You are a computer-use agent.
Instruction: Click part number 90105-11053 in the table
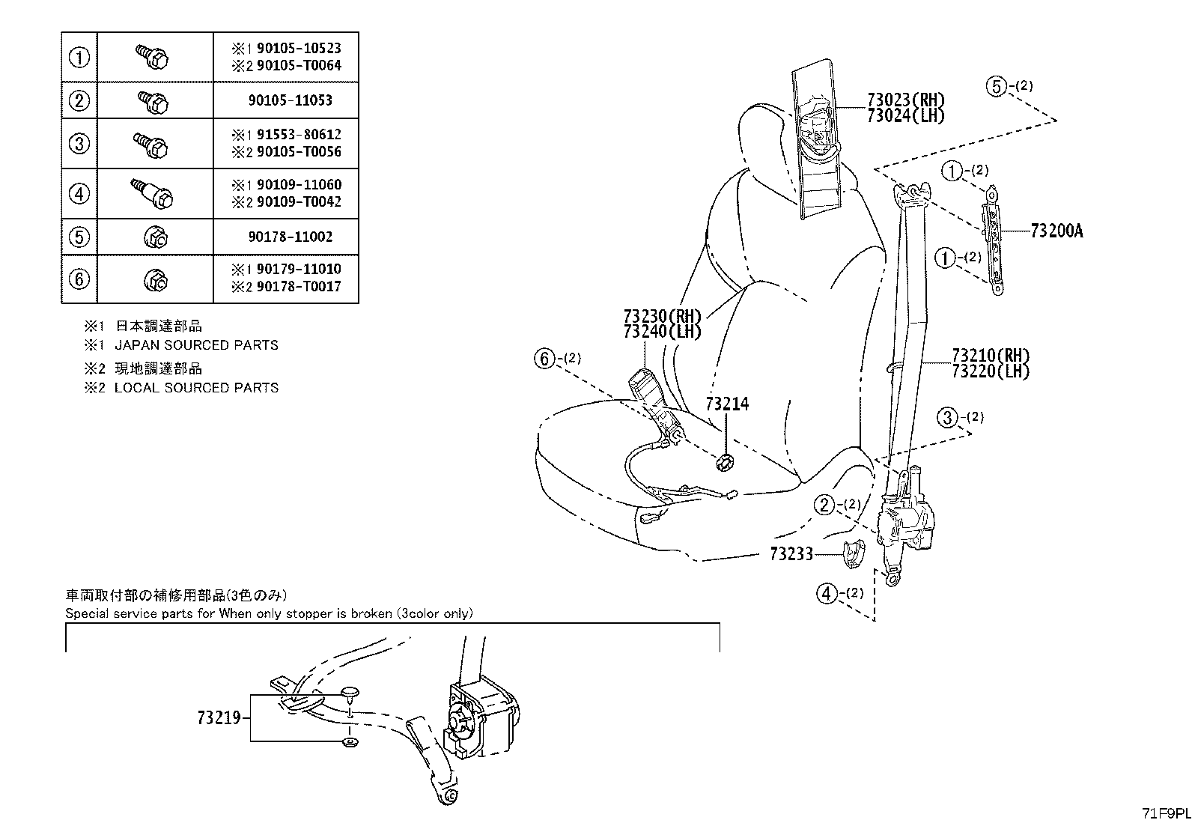click(290, 100)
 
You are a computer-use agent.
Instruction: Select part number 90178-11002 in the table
click(290, 237)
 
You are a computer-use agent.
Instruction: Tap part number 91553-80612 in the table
click(299, 134)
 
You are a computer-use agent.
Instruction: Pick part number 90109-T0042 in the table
click(299, 201)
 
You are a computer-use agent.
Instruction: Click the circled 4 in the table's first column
click(79, 193)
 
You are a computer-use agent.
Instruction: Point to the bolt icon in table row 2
click(153, 102)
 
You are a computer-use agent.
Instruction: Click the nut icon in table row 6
click(156, 279)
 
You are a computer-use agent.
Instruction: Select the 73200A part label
click(1056, 231)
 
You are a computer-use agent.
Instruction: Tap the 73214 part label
click(727, 404)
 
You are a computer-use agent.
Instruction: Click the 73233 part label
click(791, 554)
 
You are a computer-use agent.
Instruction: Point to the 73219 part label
click(219, 718)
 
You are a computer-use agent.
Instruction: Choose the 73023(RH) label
click(906, 100)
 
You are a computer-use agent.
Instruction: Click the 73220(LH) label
click(991, 371)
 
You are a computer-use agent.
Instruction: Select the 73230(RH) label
click(663, 316)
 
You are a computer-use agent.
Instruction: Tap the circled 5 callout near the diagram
click(997, 86)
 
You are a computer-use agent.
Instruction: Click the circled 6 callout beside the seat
click(544, 359)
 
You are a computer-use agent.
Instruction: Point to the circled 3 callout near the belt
click(947, 417)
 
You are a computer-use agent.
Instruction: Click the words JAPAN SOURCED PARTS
click(196, 345)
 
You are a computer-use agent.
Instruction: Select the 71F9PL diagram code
click(1166, 813)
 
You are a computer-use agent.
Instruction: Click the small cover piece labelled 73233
click(854, 553)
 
